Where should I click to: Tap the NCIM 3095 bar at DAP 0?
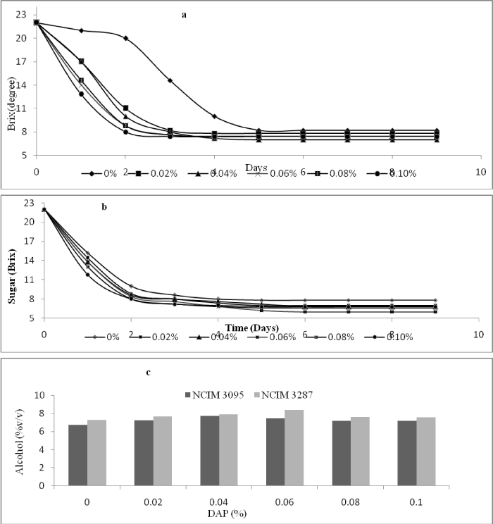point(77,465)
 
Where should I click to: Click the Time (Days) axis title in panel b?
point(256,328)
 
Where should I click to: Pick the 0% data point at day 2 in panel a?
point(125,38)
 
